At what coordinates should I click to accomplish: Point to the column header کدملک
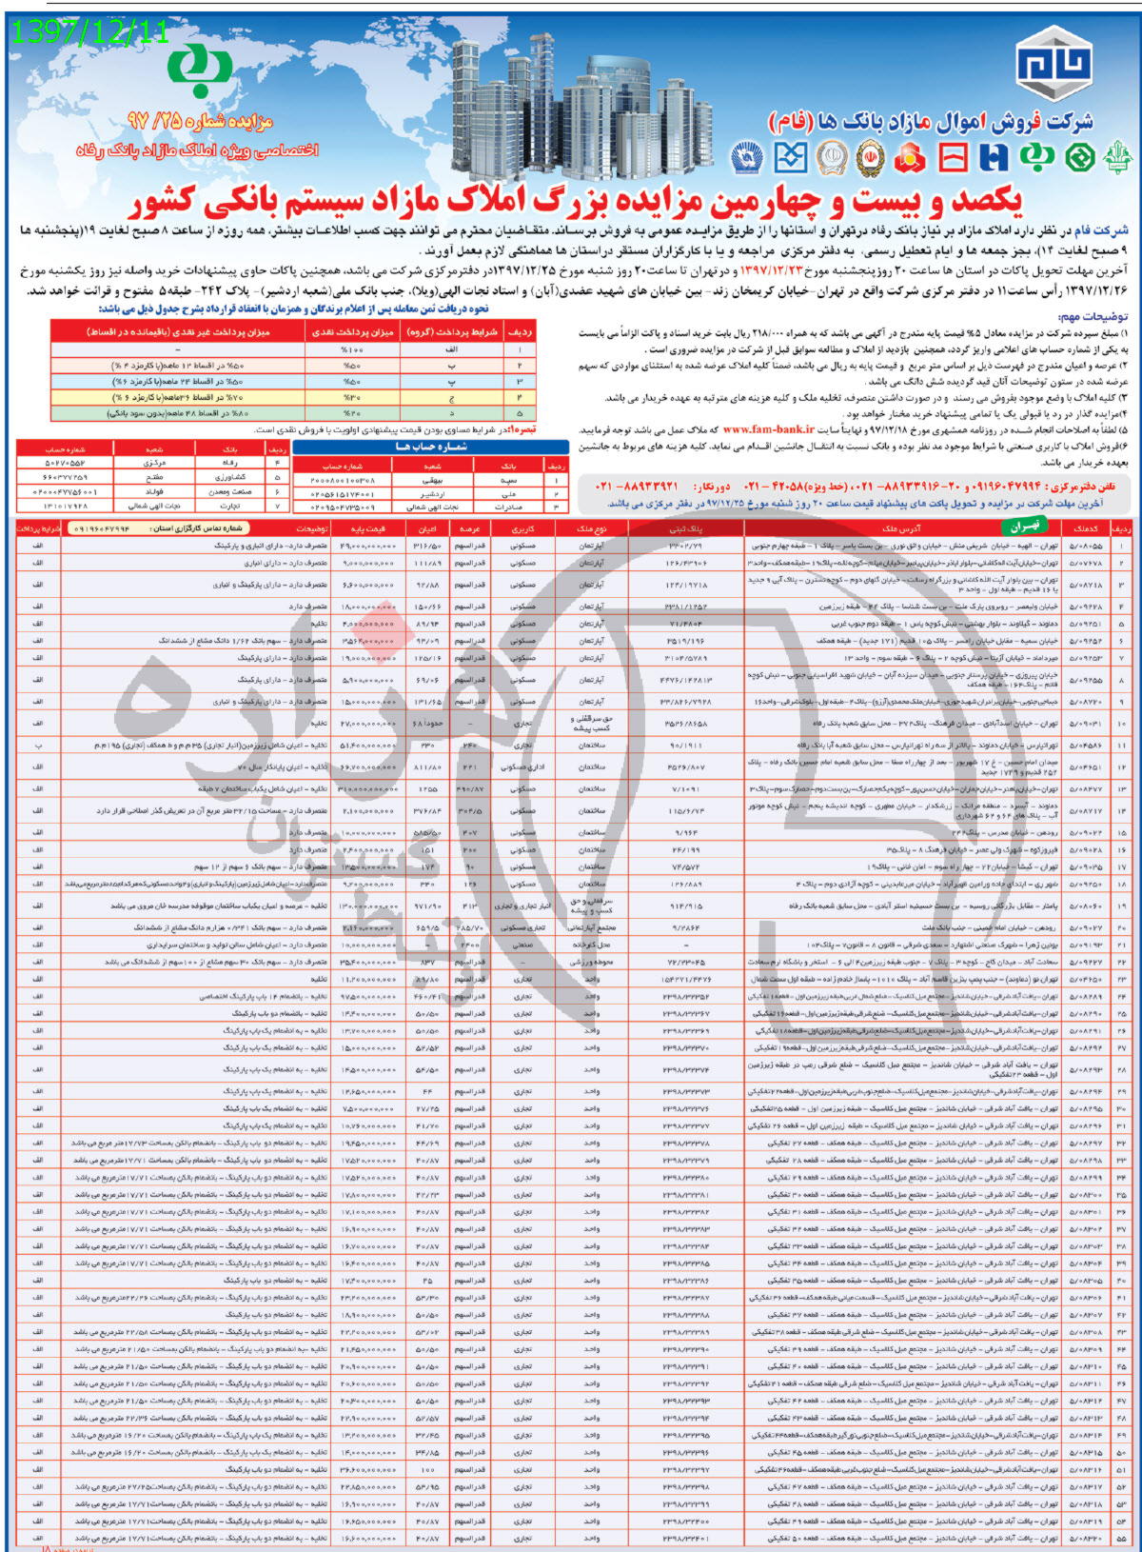pos(1086,527)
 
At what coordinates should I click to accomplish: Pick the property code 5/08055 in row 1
pos(1086,546)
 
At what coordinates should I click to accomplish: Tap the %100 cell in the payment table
pos(350,350)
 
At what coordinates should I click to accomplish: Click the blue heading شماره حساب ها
pos(430,446)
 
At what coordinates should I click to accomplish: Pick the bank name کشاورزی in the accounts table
pos(230,478)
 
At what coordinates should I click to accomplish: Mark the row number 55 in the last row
pos(1123,1538)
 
